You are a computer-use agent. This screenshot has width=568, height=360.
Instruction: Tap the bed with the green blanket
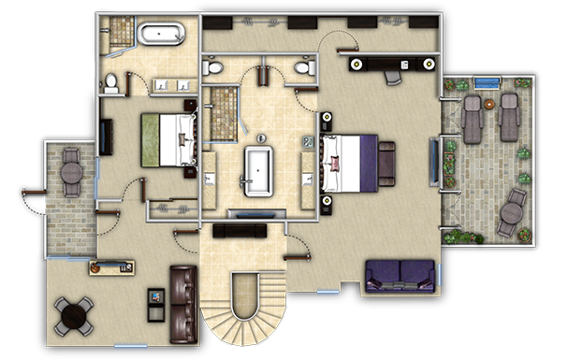tap(167, 139)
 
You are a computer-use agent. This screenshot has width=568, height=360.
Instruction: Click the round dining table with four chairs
tap(73, 314)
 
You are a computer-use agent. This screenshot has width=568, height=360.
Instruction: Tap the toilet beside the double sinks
tap(112, 84)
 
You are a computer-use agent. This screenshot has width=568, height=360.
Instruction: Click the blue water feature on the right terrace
tap(484, 84)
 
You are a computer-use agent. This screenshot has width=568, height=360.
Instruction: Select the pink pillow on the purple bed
tap(334, 165)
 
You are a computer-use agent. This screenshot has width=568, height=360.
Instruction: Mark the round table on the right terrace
tap(511, 214)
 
